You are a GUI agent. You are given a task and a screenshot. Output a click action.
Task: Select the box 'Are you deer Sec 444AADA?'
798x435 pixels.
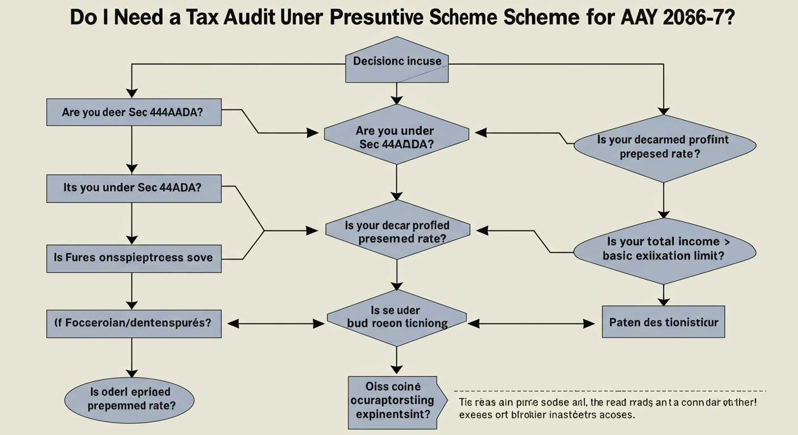pos(133,112)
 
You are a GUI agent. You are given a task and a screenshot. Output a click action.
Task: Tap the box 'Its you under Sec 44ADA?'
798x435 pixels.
pos(133,187)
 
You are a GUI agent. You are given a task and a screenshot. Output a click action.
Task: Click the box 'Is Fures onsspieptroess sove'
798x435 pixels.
pos(133,258)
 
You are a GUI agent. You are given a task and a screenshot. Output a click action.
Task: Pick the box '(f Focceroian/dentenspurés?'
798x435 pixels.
pos(133,323)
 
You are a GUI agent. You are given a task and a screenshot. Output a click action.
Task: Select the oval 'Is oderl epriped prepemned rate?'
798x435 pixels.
pos(130,398)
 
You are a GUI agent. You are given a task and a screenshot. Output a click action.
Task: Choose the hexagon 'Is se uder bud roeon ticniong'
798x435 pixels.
pos(397,319)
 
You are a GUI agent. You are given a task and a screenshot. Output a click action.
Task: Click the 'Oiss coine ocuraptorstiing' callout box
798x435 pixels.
pos(392,402)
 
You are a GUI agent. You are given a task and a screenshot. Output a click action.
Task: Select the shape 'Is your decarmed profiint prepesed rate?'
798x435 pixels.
pos(665,147)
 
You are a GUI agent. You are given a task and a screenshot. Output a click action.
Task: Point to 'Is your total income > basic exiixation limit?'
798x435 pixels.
pos(665,249)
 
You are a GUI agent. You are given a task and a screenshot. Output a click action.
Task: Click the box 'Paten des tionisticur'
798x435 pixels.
pos(664,322)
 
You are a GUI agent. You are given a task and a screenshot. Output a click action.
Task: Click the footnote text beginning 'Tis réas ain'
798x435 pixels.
pos(606,408)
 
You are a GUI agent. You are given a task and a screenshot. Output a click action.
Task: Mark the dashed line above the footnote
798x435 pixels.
pos(609,391)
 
